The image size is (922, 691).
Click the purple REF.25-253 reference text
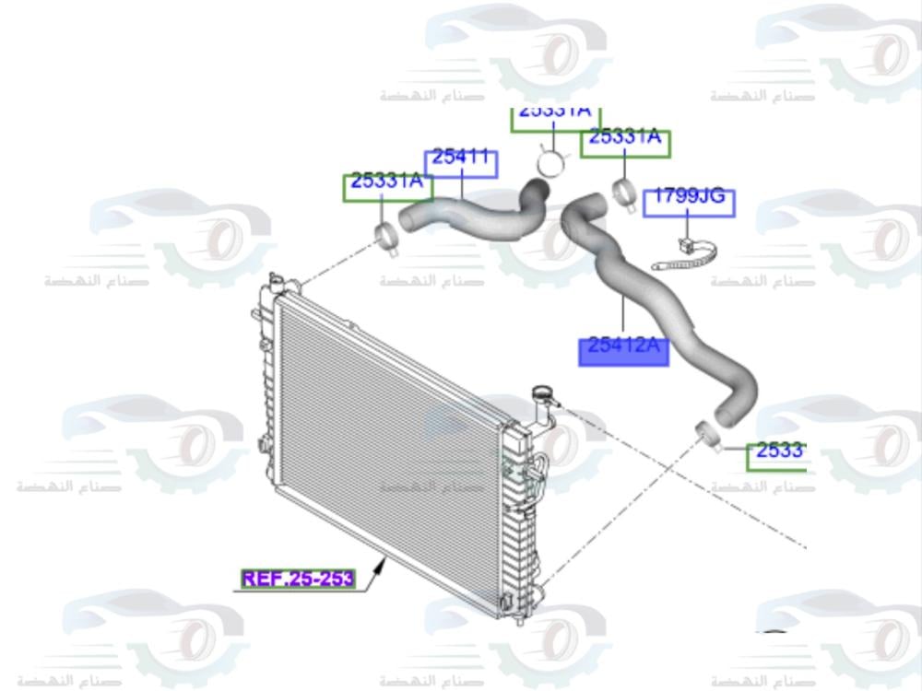297,580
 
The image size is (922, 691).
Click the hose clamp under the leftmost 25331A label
388,236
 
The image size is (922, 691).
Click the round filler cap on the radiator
541,397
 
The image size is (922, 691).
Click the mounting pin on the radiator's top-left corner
273,279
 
